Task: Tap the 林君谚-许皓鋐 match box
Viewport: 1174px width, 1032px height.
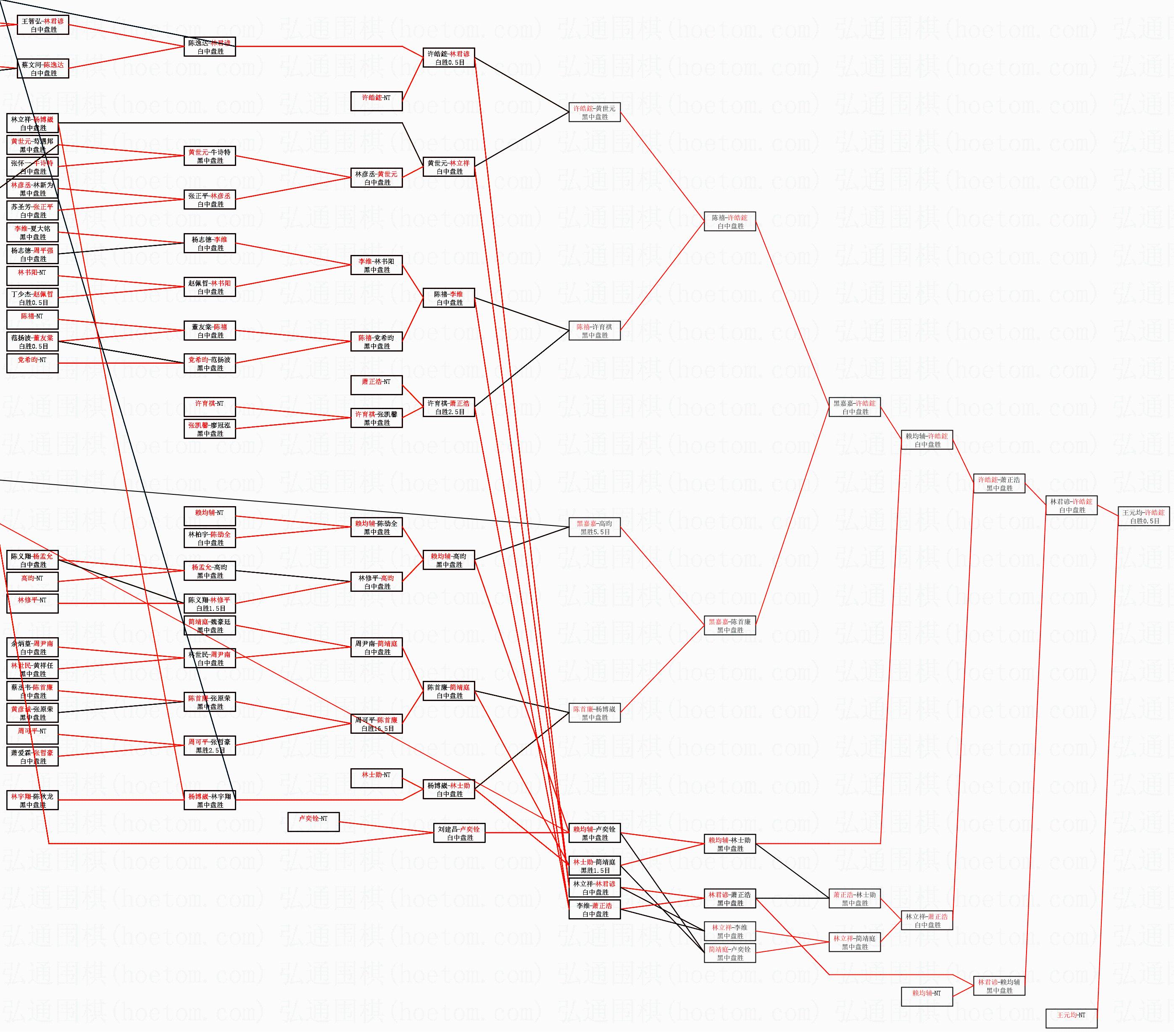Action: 1071,505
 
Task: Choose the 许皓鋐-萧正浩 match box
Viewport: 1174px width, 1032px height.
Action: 999,483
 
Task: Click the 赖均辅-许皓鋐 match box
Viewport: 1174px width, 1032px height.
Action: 927,440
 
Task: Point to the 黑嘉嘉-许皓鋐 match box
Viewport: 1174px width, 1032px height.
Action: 854,407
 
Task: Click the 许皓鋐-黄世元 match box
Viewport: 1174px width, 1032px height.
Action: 595,112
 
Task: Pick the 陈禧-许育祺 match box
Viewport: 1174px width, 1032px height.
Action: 595,331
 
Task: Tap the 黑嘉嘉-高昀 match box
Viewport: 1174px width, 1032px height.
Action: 595,527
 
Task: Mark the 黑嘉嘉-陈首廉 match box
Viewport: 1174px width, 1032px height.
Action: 729,625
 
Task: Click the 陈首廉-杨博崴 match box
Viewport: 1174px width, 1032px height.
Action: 595,713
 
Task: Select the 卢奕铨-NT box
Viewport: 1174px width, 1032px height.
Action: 313,822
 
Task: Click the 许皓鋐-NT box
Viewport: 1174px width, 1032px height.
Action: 376,101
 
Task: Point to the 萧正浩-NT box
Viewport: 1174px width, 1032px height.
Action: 376,385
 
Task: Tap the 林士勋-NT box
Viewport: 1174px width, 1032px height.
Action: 376,778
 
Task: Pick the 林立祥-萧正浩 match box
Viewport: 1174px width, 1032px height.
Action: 927,921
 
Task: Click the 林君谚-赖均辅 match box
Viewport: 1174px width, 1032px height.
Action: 999,986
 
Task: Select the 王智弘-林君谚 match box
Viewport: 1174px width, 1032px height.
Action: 43,25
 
